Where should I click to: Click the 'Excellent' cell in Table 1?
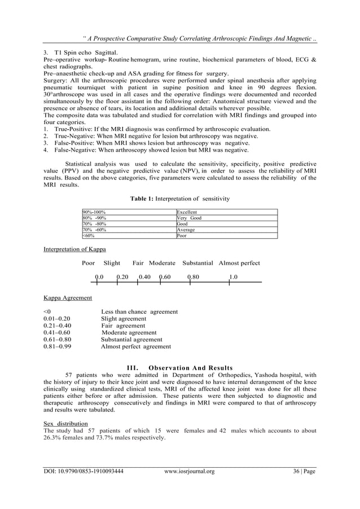coord(187,212)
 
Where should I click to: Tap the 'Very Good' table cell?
coord(189,218)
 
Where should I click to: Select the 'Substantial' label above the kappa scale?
coord(197,264)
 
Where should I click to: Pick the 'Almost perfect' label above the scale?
coord(239,264)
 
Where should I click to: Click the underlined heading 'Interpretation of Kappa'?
coord(74,249)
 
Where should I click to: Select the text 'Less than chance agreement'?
coord(139,311)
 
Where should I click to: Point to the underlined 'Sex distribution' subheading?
coord(65,423)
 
